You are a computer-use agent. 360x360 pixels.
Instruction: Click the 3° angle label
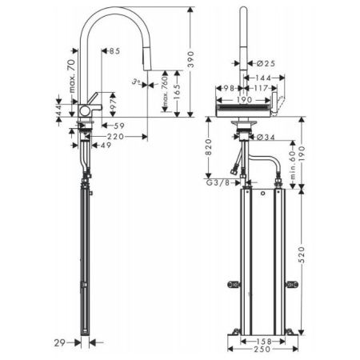137,81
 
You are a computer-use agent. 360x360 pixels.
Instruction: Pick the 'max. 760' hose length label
164,95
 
